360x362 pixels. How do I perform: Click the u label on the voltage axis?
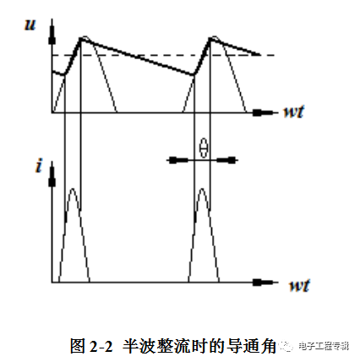[30, 25]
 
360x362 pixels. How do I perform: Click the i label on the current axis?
[39, 165]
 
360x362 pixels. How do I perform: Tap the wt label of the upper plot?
[293, 112]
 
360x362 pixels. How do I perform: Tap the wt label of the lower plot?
[299, 285]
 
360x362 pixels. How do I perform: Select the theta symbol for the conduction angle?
[204, 147]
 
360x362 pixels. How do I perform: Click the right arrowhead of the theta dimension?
[226, 161]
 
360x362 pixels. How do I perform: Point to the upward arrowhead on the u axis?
[52, 34]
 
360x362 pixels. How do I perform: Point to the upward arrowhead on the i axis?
[52, 176]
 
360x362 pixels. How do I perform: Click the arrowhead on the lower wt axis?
[263, 282]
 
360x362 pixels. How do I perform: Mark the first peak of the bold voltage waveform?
[81, 39]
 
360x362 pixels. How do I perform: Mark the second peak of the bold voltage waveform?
[210, 39]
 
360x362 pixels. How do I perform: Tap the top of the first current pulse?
[73, 189]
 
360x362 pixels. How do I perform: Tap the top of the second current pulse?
[202, 189]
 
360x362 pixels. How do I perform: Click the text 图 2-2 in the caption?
[91, 346]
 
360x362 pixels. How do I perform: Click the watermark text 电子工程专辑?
[324, 346]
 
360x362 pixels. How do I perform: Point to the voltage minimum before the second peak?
[194, 74]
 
